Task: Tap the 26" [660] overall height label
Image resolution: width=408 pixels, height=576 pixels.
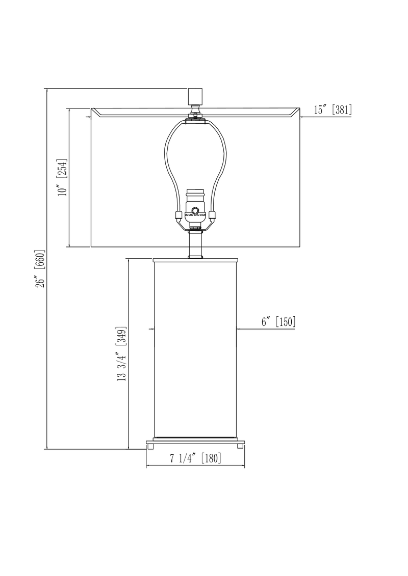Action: pyautogui.click(x=40, y=268)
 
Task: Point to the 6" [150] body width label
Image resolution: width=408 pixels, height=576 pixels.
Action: pyautogui.click(x=278, y=322)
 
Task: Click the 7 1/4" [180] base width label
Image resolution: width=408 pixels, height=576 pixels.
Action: pyautogui.click(x=195, y=458)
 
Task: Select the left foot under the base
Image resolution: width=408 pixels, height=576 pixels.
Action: pyautogui.click(x=151, y=446)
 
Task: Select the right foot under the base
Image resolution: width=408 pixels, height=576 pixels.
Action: pyautogui.click(x=239, y=446)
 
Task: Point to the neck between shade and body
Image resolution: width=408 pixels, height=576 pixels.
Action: pyautogui.click(x=195, y=244)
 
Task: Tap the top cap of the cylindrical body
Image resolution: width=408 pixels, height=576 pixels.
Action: pyautogui.click(x=195, y=260)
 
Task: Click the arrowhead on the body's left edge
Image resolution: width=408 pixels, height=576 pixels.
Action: pyautogui.click(x=152, y=330)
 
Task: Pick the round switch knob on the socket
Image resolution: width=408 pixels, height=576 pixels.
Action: pyautogui.click(x=195, y=209)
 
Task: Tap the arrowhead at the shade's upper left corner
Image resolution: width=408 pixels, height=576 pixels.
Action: pyautogui.click(x=89, y=117)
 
